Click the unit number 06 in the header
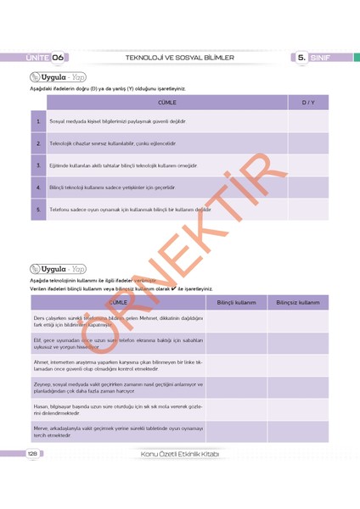(59, 57)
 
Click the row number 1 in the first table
(38, 122)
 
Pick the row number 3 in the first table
(38, 165)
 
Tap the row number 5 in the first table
(38, 209)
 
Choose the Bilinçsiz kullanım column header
(297, 302)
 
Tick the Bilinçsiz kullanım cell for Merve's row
(297, 432)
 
